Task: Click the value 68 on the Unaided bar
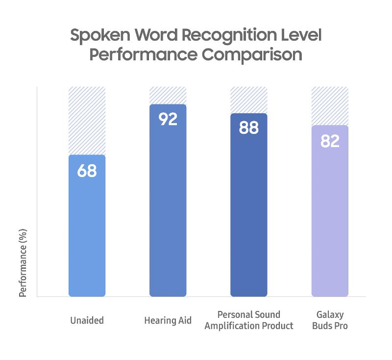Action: click(87, 171)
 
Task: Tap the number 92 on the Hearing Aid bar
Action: click(168, 119)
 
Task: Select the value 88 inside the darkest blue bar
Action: click(249, 128)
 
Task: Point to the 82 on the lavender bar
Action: click(330, 141)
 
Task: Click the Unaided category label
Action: click(87, 321)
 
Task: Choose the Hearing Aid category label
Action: click(168, 321)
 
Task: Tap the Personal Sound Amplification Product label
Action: click(249, 320)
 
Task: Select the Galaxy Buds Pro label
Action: click(330, 320)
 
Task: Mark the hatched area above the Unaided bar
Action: click(87, 121)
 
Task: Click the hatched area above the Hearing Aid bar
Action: click(168, 95)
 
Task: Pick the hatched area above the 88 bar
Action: click(249, 100)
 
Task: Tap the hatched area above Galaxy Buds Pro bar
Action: click(330, 106)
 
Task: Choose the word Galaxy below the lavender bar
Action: click(330, 315)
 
